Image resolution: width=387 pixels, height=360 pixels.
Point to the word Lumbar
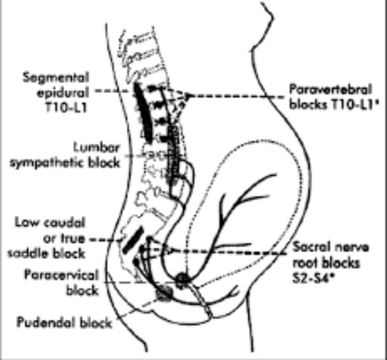tap(96, 148)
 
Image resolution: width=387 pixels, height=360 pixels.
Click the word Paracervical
tap(61, 275)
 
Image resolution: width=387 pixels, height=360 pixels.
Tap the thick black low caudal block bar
tap(133, 240)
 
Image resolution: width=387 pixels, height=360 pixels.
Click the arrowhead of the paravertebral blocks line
tap(188, 96)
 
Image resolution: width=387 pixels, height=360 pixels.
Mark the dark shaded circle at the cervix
tap(184, 278)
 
